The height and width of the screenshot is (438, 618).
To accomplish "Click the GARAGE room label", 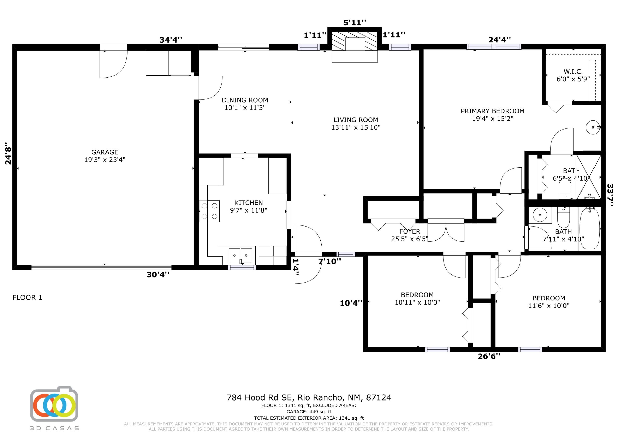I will pyautogui.click(x=105, y=152).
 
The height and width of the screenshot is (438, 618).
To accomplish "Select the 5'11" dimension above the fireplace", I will pyautogui.click(x=355, y=23).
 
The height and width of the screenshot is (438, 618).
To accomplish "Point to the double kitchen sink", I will pyautogui.click(x=240, y=255).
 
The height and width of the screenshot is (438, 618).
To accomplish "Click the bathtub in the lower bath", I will pyautogui.click(x=590, y=229).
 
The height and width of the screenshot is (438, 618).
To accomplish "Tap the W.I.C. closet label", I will pyautogui.click(x=573, y=72).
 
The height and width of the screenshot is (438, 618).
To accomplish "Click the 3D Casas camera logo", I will pyautogui.click(x=54, y=405).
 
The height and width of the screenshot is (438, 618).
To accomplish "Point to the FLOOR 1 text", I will pyautogui.click(x=27, y=298).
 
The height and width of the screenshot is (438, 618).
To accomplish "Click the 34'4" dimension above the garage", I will pyautogui.click(x=171, y=40).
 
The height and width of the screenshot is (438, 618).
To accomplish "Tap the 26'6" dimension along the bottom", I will pyautogui.click(x=489, y=356).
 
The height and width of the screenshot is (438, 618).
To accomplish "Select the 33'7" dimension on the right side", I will pyautogui.click(x=610, y=195).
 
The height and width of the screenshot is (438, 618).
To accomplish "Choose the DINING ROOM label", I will pyautogui.click(x=245, y=100).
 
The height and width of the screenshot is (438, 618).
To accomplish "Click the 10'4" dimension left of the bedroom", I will pyautogui.click(x=351, y=303).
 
